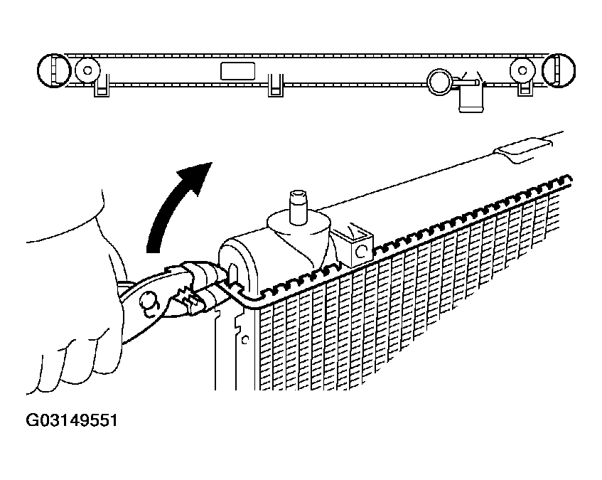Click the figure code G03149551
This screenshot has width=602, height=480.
tap(71, 420)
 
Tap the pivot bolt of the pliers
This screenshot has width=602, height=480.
tap(150, 304)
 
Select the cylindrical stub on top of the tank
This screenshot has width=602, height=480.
tap(298, 207)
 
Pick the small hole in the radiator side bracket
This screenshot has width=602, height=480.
tap(245, 339)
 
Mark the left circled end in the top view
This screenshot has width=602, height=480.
tap(54, 70)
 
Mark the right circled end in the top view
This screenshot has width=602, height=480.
tap(558, 70)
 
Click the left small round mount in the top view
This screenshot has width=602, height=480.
tap(87, 70)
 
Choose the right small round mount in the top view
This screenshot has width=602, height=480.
tap(522, 70)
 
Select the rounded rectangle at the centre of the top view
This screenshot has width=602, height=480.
tap(237, 71)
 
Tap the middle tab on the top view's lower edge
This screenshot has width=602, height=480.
tap(276, 85)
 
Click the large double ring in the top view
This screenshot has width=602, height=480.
tap(440, 82)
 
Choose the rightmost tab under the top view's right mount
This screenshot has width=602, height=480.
tap(525, 88)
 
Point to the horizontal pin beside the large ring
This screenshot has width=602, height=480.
tap(466, 81)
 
